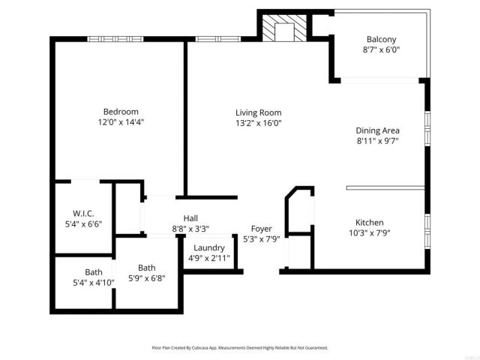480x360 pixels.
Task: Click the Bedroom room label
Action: click(120, 112)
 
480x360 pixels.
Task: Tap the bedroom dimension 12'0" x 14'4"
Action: click(120, 121)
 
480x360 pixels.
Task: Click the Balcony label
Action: click(381, 40)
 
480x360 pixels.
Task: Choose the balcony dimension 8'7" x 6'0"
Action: click(381, 50)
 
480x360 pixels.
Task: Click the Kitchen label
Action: click(369, 223)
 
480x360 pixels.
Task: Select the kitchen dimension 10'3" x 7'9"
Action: click(369, 232)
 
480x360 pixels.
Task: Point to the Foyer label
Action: click(261, 229)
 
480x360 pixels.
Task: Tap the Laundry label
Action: click(208, 248)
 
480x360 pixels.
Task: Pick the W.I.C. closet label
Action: click(82, 212)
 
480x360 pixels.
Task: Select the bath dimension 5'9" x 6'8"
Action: click(146, 277)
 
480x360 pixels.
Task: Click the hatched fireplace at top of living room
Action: click(285, 28)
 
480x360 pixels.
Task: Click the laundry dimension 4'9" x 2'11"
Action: click(208, 259)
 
